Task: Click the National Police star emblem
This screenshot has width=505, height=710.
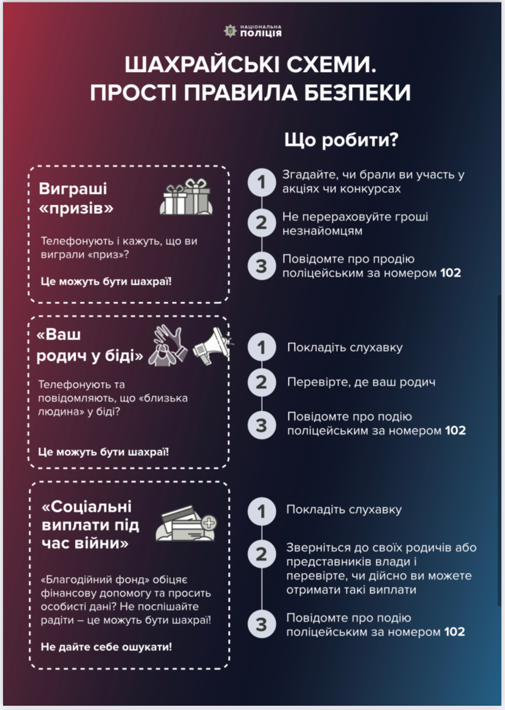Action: tap(231, 31)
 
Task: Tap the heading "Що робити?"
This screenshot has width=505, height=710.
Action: tap(341, 140)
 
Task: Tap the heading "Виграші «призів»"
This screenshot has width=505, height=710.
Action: tap(76, 198)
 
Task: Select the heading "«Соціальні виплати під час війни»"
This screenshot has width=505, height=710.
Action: tap(90, 525)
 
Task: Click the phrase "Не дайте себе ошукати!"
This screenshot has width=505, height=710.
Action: tap(107, 647)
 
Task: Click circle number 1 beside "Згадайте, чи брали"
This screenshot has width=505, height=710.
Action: tap(262, 182)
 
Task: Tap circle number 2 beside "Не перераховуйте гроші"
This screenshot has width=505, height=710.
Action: tap(262, 223)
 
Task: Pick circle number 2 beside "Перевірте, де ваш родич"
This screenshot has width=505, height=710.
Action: tap(262, 382)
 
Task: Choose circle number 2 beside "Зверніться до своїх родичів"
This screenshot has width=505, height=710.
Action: tap(262, 554)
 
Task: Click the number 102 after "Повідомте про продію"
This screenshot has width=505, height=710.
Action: tap(451, 273)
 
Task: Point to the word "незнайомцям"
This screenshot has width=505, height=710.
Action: tap(322, 231)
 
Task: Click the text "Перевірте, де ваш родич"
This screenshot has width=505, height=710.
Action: tap(361, 382)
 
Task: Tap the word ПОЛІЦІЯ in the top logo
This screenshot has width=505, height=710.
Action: tap(260, 33)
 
